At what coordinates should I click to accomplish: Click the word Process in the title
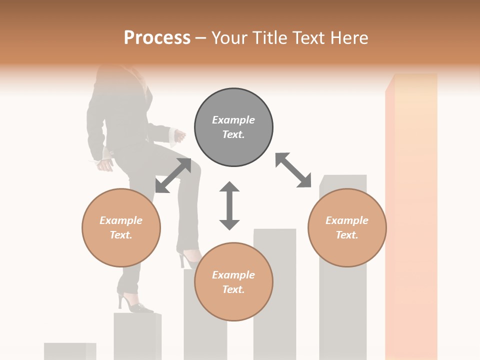[x=157, y=38]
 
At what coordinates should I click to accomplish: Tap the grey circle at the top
[x=233, y=127]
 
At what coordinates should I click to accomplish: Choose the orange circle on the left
[x=121, y=227]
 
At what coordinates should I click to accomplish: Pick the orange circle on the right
[x=347, y=227]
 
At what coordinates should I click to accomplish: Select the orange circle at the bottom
[x=233, y=282]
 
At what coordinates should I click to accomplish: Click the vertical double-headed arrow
[x=229, y=205]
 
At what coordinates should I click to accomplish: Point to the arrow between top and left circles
[x=173, y=175]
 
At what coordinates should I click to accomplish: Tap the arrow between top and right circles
[x=293, y=170]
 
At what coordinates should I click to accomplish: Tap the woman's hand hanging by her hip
[x=104, y=164]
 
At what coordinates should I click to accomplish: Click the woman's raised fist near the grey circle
[x=179, y=135]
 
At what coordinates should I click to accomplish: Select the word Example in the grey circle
[x=233, y=120]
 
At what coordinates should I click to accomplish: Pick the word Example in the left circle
[x=121, y=220]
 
